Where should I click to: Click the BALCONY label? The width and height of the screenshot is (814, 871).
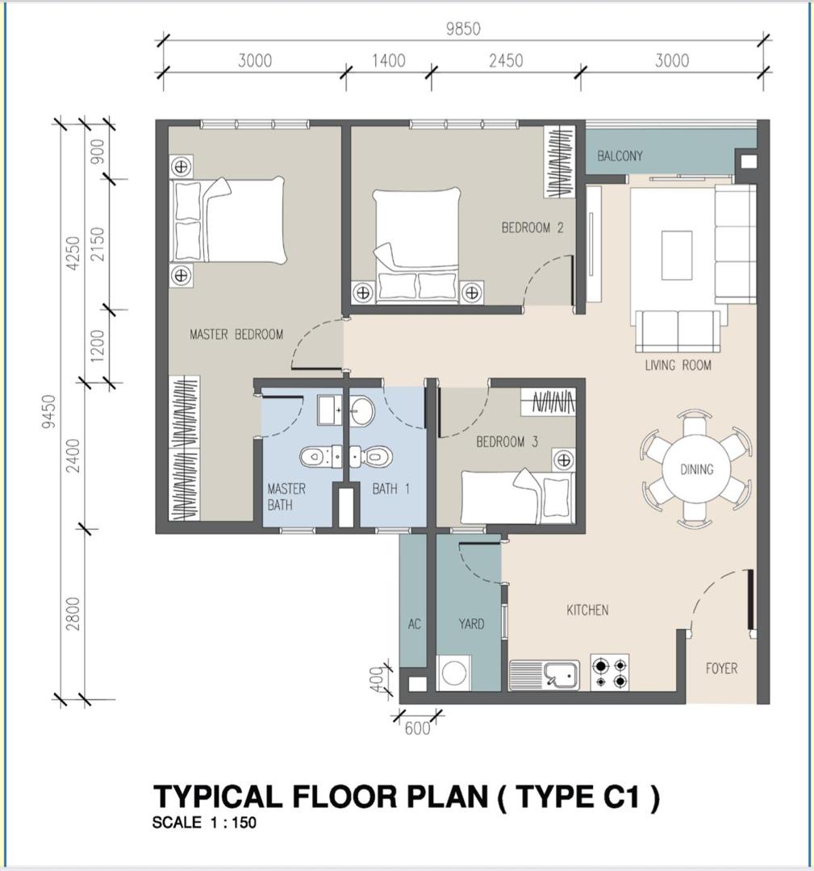click(x=620, y=156)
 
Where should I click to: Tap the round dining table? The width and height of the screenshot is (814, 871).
click(x=696, y=469)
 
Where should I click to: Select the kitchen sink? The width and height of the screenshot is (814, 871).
click(x=545, y=674)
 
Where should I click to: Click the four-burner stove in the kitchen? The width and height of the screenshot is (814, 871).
click(x=610, y=672)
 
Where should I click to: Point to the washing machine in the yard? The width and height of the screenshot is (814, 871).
click(x=454, y=673)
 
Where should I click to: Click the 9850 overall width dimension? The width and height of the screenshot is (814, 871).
click(x=463, y=29)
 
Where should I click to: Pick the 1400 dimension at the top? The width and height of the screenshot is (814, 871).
click(x=388, y=60)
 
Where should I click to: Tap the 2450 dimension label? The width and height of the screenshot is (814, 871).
click(x=506, y=60)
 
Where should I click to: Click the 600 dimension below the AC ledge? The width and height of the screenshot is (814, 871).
click(x=417, y=727)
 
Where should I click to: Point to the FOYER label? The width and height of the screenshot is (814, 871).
click(x=721, y=669)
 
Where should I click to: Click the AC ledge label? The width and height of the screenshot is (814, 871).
click(x=414, y=624)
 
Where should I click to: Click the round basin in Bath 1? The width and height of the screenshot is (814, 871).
click(x=362, y=411)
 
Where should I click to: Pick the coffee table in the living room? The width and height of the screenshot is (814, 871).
click(x=676, y=256)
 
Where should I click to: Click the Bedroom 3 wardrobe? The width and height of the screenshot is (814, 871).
click(x=548, y=401)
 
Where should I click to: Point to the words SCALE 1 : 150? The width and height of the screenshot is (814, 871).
click(x=204, y=822)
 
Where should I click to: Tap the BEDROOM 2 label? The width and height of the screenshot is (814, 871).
click(x=532, y=227)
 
